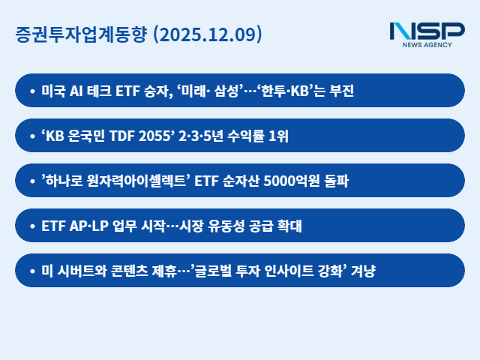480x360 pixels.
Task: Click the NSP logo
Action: pyautogui.click(x=427, y=31)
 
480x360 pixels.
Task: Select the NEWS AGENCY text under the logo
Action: pyautogui.click(x=427, y=45)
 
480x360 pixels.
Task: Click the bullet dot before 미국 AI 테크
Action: pyautogui.click(x=32, y=91)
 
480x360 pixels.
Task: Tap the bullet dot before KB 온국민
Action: pyautogui.click(x=32, y=136)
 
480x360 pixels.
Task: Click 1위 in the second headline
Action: pyautogui.click(x=277, y=136)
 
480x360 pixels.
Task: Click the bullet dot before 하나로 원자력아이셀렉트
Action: pyautogui.click(x=32, y=181)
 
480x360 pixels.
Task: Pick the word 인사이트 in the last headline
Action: pyautogui.click(x=284, y=271)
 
